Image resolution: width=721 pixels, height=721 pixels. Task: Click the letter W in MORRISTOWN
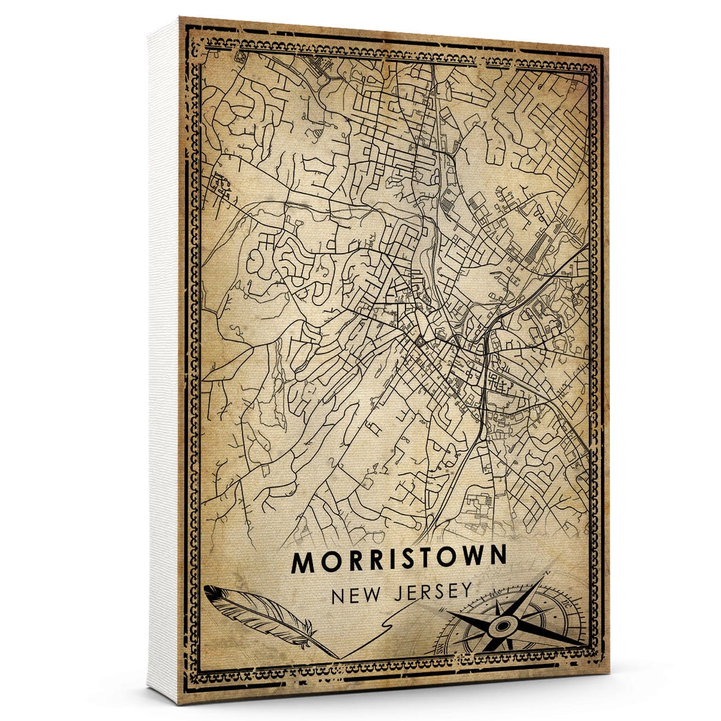click(x=471, y=557)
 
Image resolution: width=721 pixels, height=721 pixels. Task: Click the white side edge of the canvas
click(x=163, y=360)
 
